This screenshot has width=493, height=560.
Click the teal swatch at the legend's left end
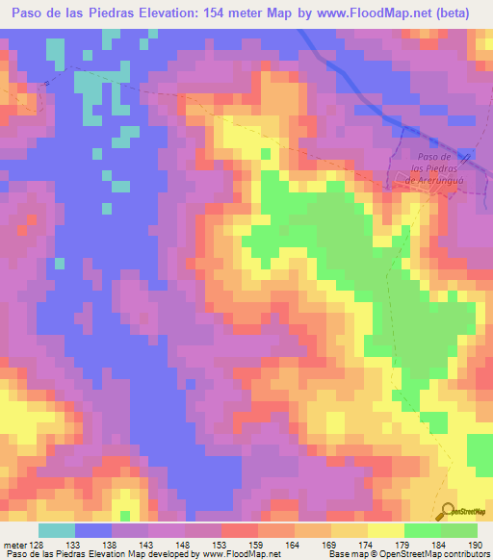point(57,530)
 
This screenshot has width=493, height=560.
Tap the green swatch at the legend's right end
point(459,530)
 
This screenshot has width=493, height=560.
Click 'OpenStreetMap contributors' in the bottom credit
point(436,554)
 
